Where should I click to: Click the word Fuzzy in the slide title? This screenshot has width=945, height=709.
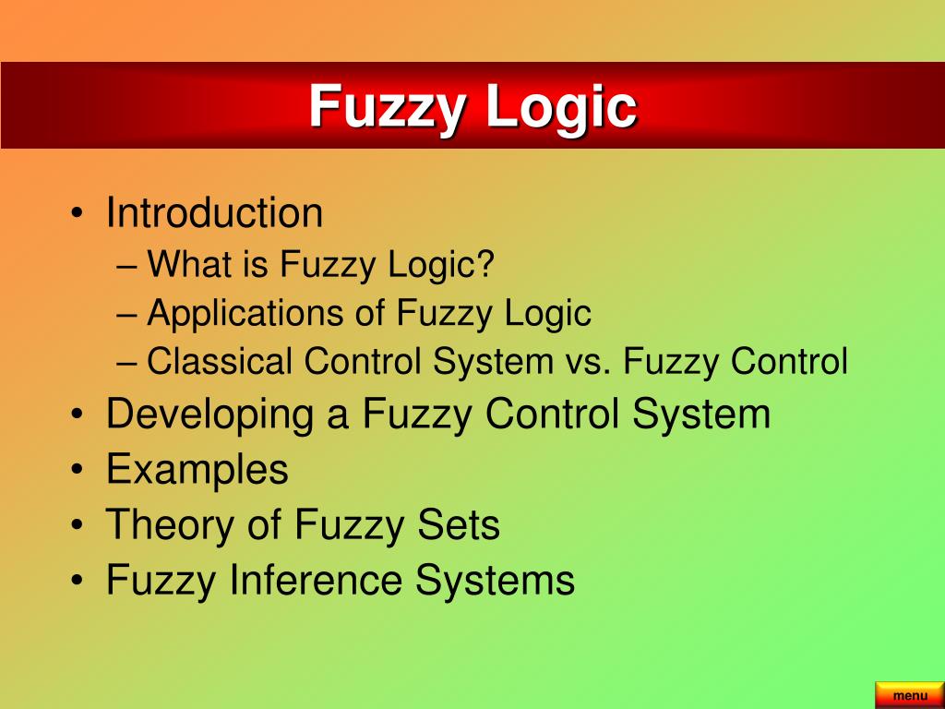click(389, 107)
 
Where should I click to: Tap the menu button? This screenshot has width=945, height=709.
click(909, 695)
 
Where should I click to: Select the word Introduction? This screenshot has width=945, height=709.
click(214, 213)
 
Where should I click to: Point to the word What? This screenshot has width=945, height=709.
click(190, 266)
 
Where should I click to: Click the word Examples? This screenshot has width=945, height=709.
click(197, 470)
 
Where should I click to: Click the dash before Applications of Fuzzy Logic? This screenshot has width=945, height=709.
click(128, 315)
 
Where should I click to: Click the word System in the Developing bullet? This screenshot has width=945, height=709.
click(701, 414)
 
